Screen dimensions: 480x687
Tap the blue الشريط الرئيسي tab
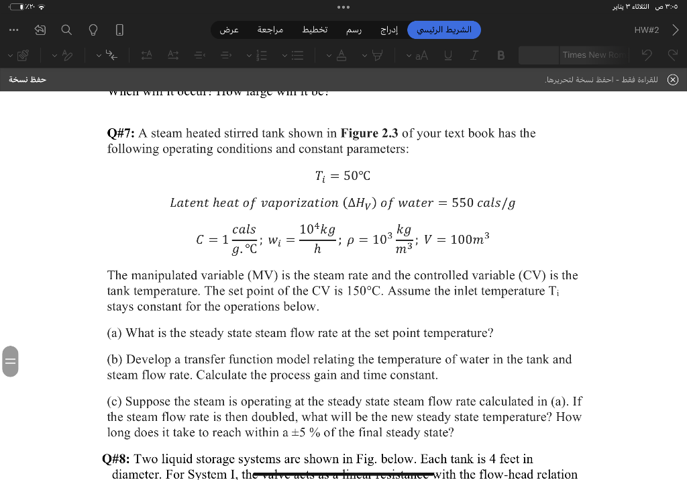pyautogui.click(x=444, y=30)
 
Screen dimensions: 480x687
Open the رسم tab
pyautogui.click(x=353, y=30)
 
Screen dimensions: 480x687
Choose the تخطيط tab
pyautogui.click(x=314, y=30)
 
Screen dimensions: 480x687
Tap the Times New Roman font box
pyautogui.click(x=592, y=55)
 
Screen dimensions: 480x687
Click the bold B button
pyautogui.click(x=500, y=55)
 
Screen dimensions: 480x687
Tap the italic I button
pyautogui.click(x=474, y=55)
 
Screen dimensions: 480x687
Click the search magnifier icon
pyautogui.click(x=66, y=30)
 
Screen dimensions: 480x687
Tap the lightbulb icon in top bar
pyautogui.click(x=93, y=30)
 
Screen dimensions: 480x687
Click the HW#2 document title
pyautogui.click(x=646, y=30)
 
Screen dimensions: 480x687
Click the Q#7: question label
pyautogui.click(x=121, y=133)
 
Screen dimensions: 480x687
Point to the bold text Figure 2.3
pyautogui.click(x=369, y=133)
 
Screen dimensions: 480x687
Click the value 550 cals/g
pyautogui.click(x=483, y=203)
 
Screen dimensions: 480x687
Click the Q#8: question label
pyautogui.click(x=116, y=459)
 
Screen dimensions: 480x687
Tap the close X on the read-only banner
pyautogui.click(x=672, y=80)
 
